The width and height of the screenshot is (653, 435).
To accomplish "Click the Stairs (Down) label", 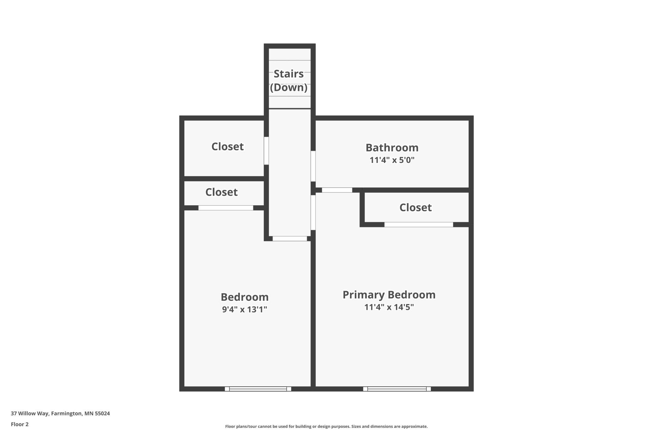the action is click(x=289, y=80).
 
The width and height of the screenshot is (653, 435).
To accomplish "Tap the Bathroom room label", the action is click(x=392, y=148).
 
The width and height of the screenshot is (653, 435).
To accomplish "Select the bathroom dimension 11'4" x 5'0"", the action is click(x=392, y=160).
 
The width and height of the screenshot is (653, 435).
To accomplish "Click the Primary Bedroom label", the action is click(x=389, y=295).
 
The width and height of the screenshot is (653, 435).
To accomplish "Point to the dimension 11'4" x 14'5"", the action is click(x=389, y=307).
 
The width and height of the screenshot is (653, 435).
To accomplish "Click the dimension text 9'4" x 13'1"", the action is click(x=245, y=309).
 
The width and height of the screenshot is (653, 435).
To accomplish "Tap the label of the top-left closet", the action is click(x=228, y=147).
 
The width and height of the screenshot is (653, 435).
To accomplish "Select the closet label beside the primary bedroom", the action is click(x=415, y=207).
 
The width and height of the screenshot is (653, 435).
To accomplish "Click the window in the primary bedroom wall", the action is click(x=397, y=389).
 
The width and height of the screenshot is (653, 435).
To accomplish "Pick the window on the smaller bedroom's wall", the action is click(x=258, y=389).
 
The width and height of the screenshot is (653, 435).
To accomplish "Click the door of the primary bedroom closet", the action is click(x=419, y=224).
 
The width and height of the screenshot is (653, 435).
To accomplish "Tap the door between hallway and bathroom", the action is click(x=313, y=166).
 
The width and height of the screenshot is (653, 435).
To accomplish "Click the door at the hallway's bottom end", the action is click(x=290, y=239).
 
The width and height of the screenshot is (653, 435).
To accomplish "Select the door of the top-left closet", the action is click(x=266, y=151).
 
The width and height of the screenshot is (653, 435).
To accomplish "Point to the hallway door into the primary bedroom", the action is click(x=313, y=213).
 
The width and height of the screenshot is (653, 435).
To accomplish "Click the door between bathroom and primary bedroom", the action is click(x=337, y=190).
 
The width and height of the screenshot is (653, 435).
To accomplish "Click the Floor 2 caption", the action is click(x=20, y=424).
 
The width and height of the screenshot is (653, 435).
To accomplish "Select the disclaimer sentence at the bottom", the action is click(x=326, y=426).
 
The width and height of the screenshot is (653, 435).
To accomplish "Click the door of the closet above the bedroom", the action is click(x=226, y=208).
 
